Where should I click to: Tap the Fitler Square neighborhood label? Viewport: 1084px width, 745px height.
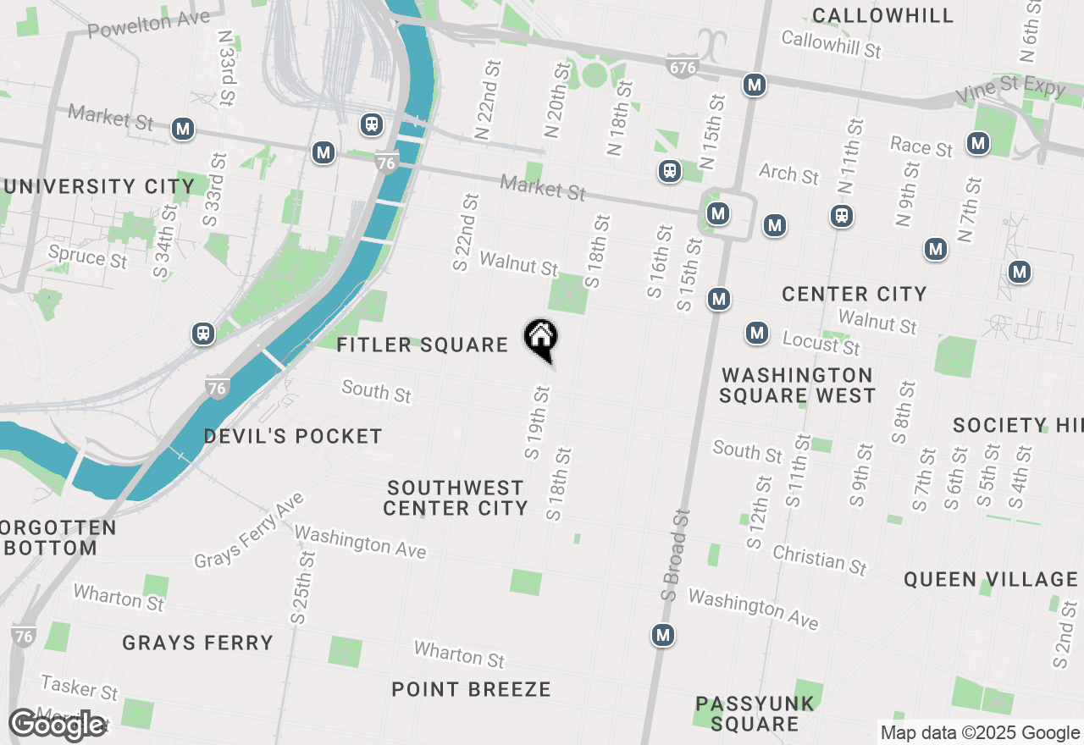click(x=422, y=345)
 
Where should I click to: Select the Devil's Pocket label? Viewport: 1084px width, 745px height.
click(x=293, y=436)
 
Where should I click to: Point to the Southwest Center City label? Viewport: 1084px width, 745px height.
click(x=456, y=498)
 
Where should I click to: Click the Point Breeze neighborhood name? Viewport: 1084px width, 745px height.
click(x=471, y=689)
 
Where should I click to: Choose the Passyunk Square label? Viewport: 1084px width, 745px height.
click(x=755, y=713)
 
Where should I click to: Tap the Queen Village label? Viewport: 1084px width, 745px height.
click(x=990, y=579)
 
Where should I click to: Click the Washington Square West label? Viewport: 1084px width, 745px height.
click(x=797, y=385)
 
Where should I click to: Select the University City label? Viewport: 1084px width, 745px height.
click(x=98, y=186)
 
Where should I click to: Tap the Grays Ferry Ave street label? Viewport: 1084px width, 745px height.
click(x=249, y=530)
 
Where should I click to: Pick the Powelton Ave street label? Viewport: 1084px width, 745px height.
click(x=148, y=24)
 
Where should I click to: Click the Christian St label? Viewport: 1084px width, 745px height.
click(x=820, y=560)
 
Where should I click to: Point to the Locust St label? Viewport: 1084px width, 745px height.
click(x=821, y=343)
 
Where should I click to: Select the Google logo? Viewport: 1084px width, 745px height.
click(x=58, y=725)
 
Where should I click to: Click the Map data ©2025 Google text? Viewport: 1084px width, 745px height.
click(x=980, y=733)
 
